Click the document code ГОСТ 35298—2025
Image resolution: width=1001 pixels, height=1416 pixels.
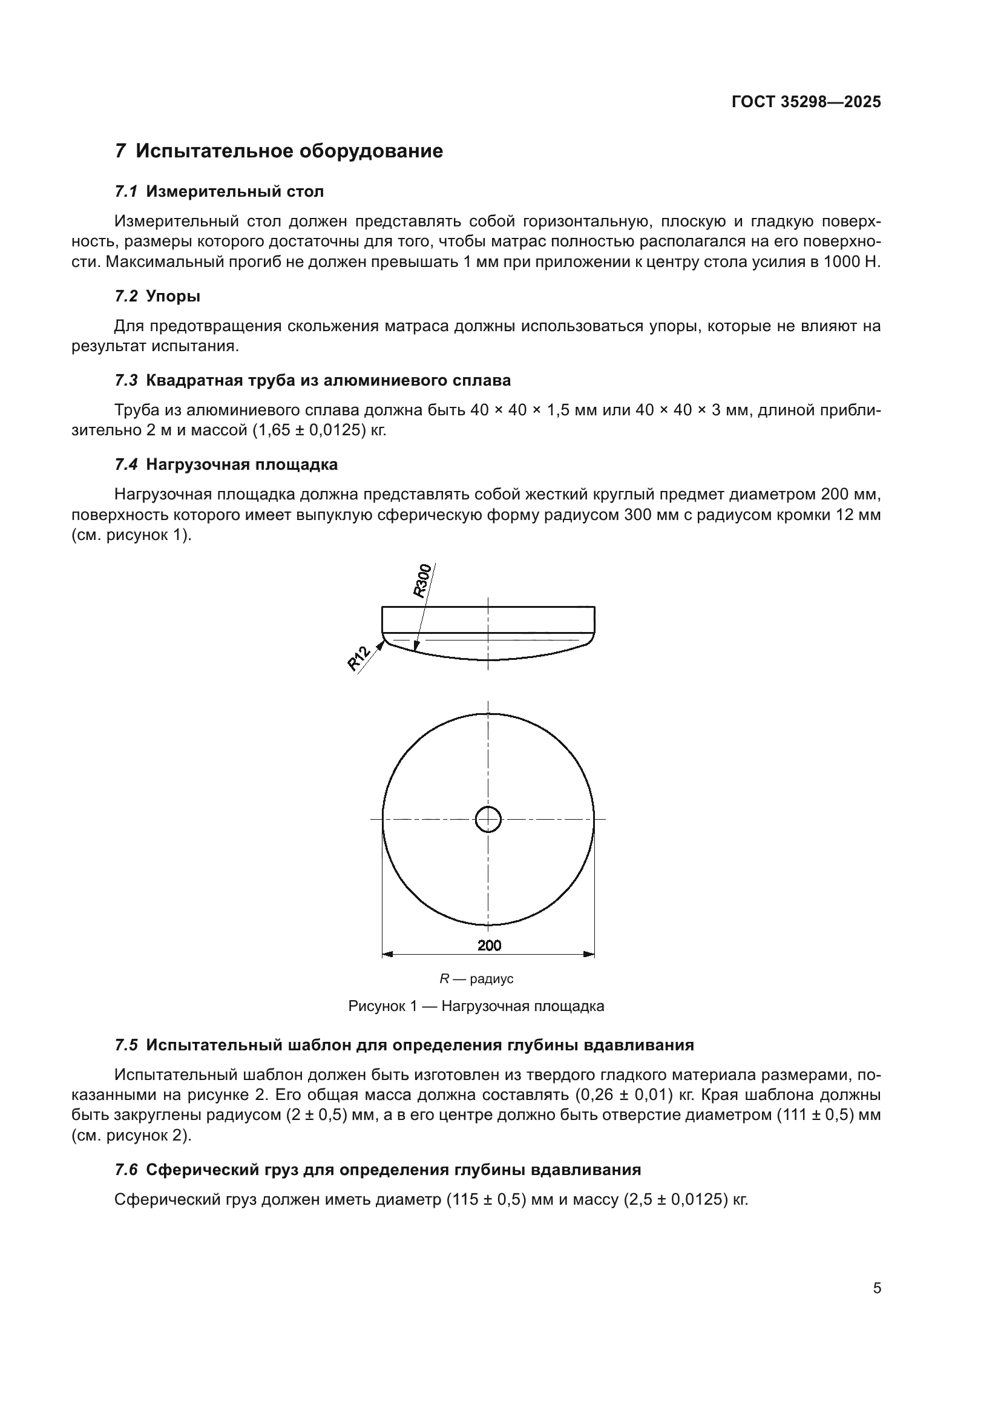coord(806,102)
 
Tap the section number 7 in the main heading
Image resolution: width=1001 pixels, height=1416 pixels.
coord(121,151)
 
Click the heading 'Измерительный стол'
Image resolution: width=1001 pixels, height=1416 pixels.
coord(234,192)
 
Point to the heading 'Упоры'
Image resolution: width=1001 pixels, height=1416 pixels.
coord(172,297)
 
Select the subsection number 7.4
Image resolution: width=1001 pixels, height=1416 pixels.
coord(126,464)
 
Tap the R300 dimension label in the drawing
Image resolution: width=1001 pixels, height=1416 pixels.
coord(422,581)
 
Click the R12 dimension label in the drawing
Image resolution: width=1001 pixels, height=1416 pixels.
coord(359,657)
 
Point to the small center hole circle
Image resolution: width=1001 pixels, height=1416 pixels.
coord(488,819)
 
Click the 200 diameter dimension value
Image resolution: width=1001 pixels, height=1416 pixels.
coord(489,945)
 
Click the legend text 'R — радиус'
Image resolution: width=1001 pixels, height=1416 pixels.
coord(476,979)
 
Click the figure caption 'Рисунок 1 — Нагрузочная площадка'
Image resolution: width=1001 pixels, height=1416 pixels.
coord(476,1006)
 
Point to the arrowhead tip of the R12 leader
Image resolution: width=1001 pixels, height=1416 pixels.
coord(387,640)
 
